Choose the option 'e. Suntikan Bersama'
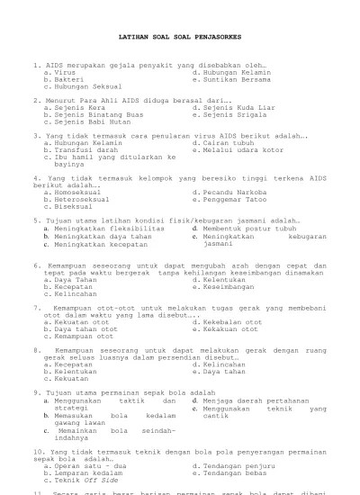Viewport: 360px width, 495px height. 232,79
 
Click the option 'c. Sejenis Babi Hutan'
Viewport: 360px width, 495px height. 87,122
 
